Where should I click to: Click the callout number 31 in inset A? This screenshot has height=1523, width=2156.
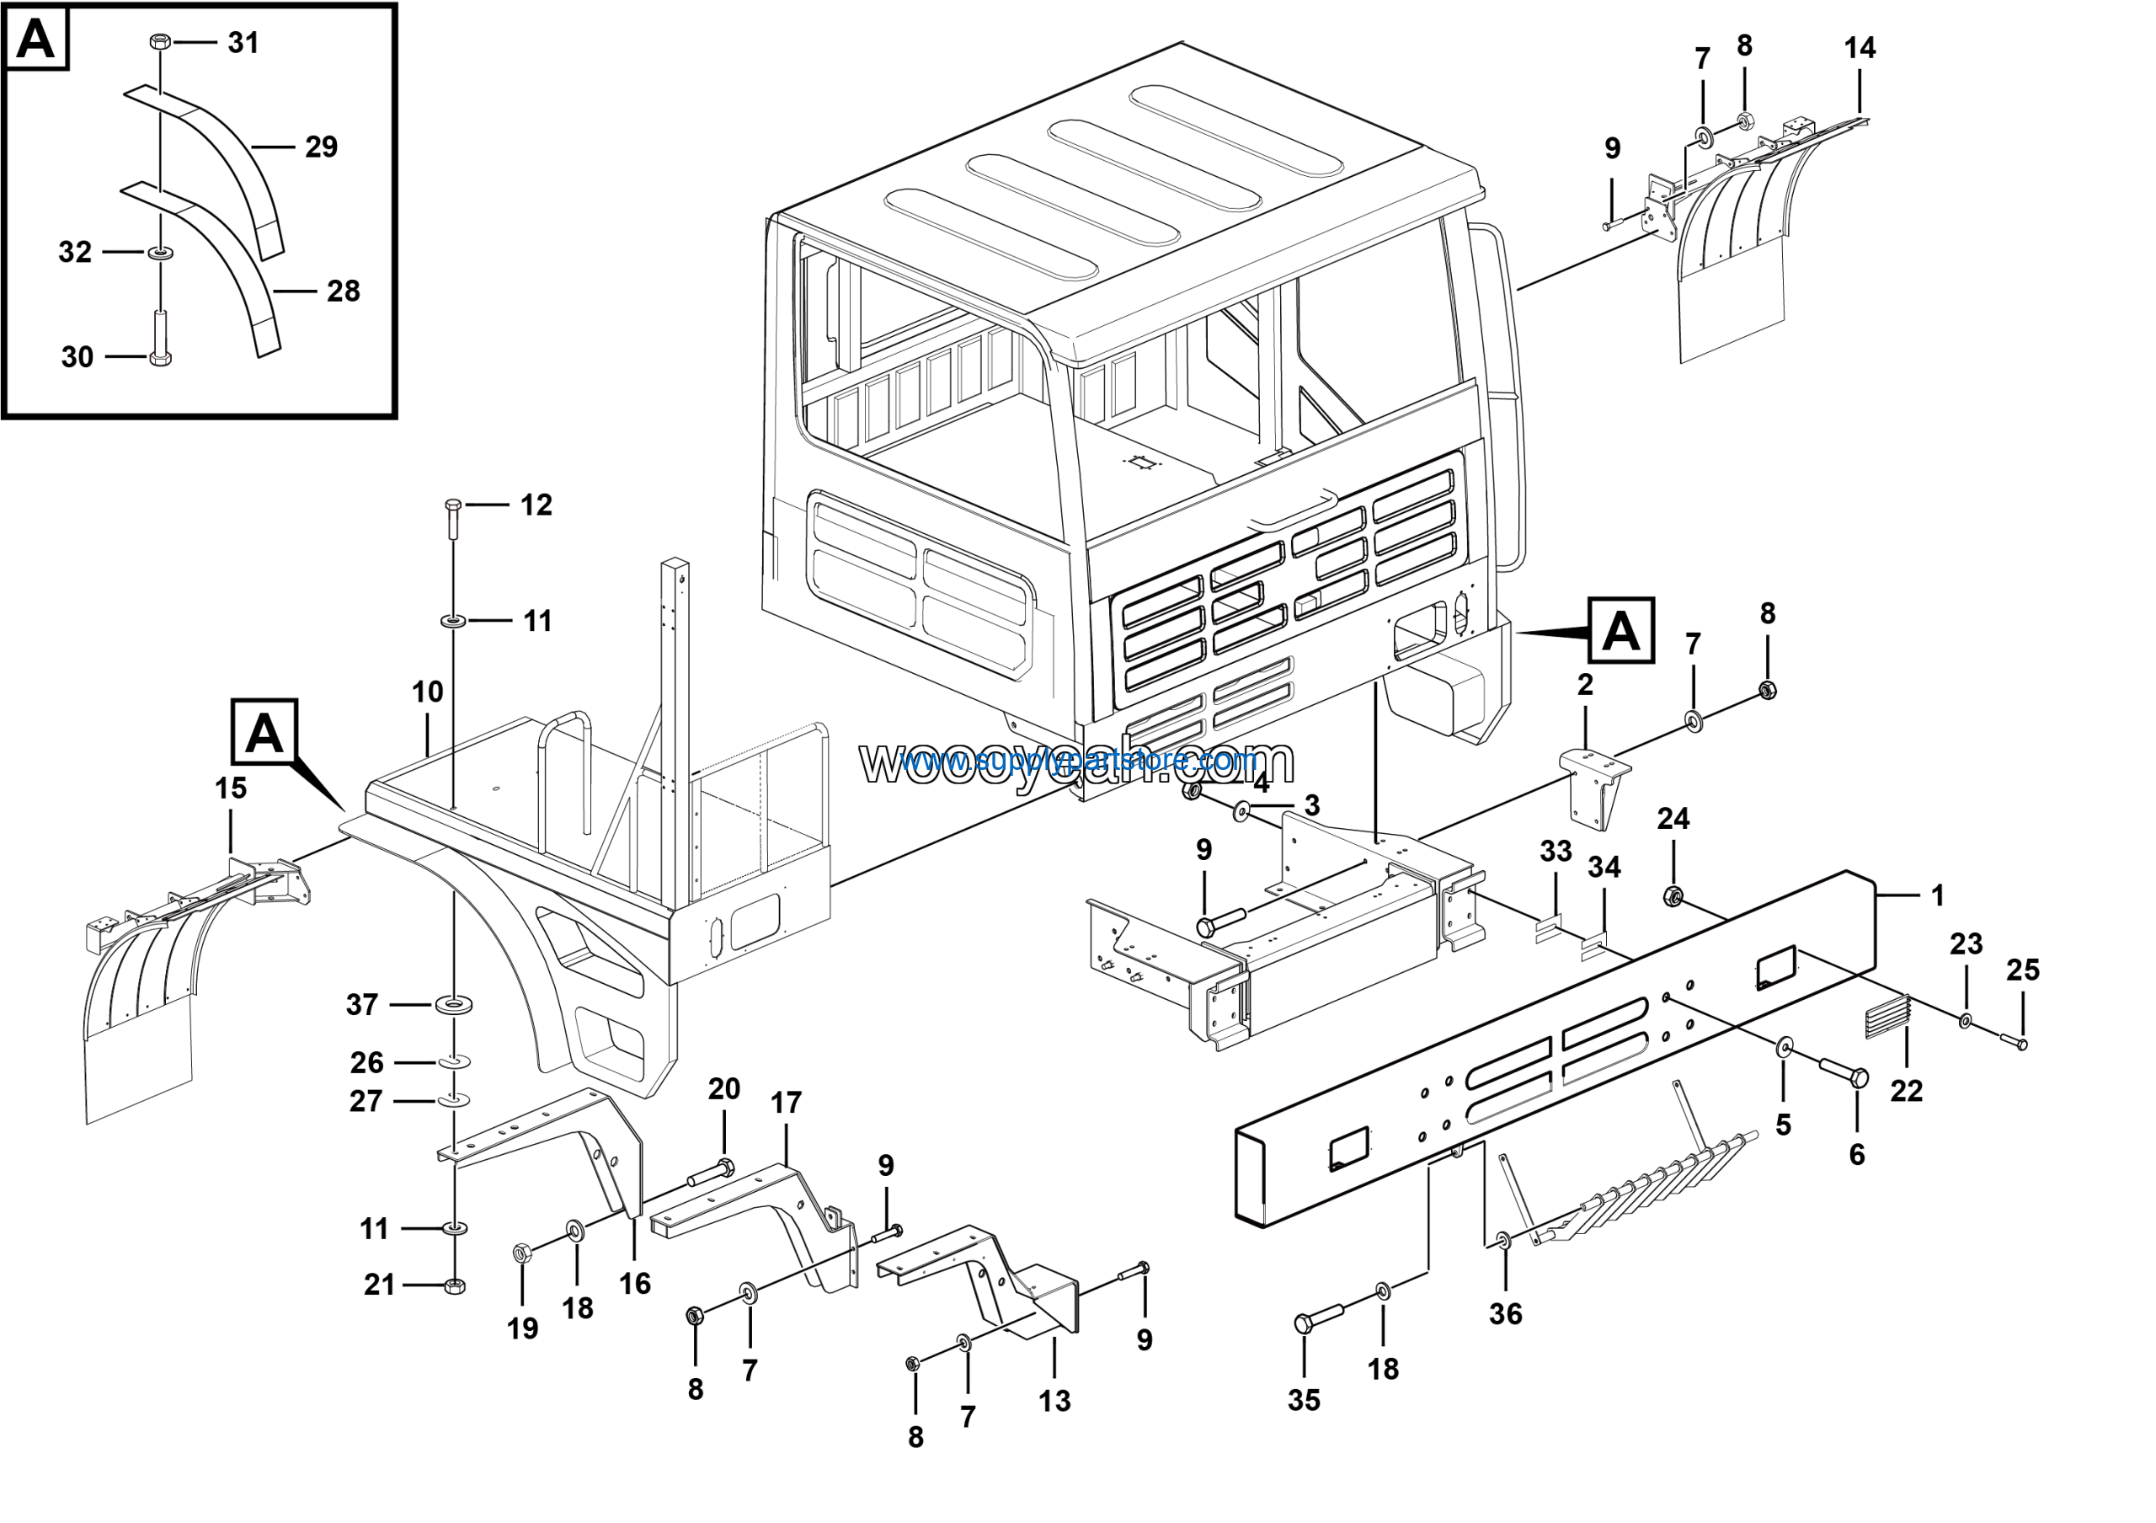click(243, 43)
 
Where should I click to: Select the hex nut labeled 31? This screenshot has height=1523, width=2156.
click(160, 42)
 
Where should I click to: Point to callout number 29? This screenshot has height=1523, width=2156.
click(321, 147)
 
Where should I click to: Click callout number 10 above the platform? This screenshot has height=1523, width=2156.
click(427, 692)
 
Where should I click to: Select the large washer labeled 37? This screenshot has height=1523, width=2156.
click(454, 1006)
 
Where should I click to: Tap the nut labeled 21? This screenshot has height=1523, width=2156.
click(454, 1285)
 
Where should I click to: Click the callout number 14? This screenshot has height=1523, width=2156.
click(1860, 49)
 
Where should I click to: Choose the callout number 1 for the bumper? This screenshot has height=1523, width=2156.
click(1937, 895)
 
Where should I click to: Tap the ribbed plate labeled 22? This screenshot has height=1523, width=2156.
click(1887, 1018)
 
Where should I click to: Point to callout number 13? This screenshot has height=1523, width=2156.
click(1054, 1401)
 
